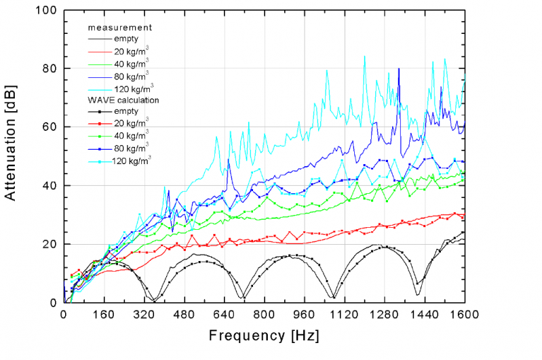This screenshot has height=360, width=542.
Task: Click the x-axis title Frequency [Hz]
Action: coord(263,336)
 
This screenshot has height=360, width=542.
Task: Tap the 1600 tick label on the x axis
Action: coord(465,315)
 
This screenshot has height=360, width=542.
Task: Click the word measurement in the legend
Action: coord(119,28)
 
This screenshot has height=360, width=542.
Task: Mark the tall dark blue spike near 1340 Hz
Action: coord(399,70)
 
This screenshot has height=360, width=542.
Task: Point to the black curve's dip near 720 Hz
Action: coord(243,296)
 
